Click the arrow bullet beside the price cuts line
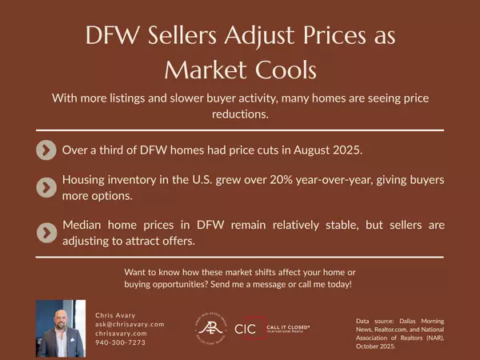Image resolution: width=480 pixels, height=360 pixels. click(x=46, y=150)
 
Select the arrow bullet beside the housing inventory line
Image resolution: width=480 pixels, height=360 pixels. click(x=46, y=187)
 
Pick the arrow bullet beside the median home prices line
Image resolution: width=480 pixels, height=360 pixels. click(x=46, y=232)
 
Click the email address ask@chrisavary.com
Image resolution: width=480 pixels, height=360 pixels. click(x=130, y=324)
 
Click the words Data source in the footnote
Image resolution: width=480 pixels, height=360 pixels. click(x=379, y=321)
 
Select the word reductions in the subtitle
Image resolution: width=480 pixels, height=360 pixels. click(x=240, y=114)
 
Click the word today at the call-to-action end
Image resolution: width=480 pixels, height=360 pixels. click(x=337, y=284)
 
